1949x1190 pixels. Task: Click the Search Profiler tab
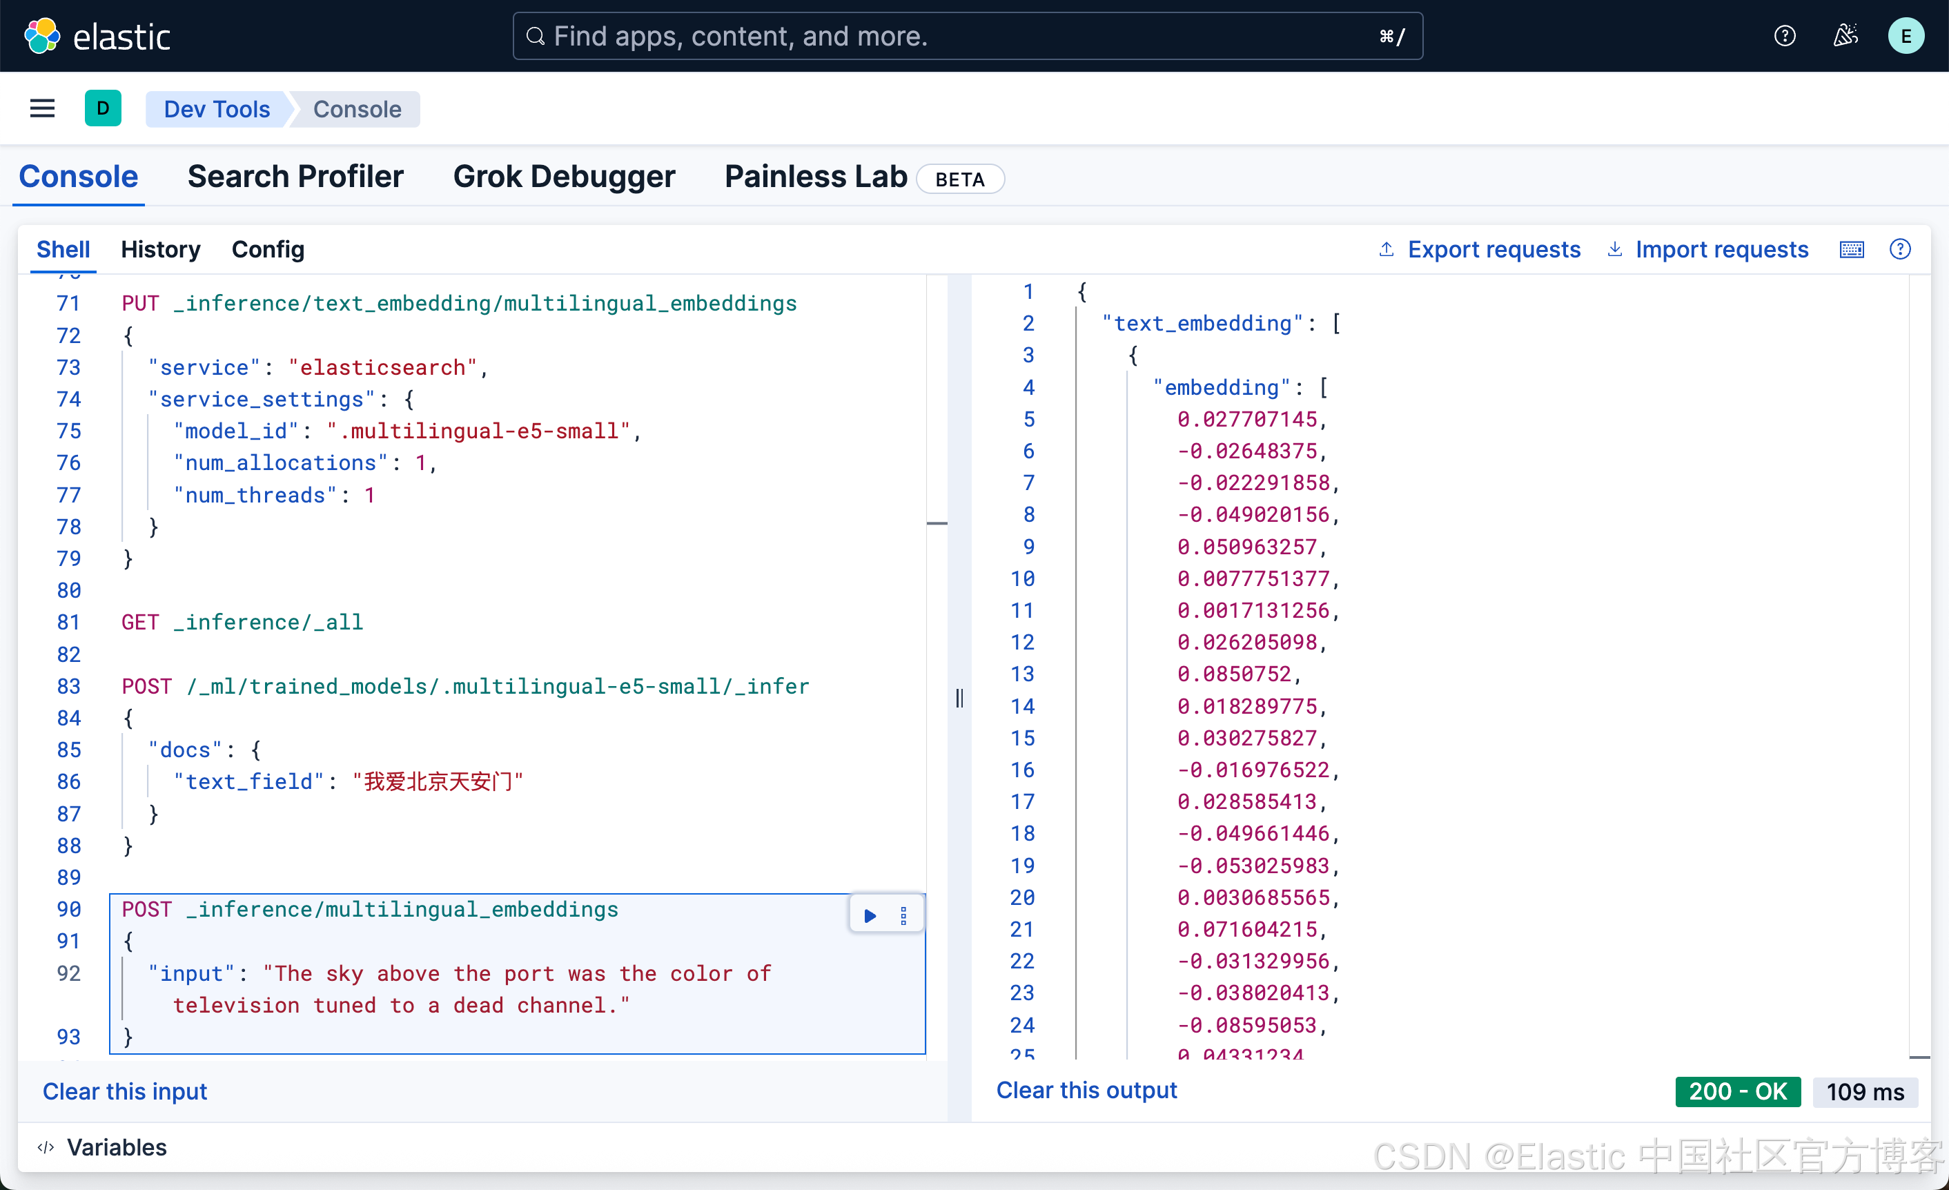click(295, 177)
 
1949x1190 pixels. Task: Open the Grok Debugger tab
click(564, 177)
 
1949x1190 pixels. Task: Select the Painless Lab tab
click(816, 177)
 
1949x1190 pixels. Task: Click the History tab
click(161, 249)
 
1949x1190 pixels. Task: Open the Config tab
click(267, 249)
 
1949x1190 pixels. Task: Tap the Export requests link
click(1493, 249)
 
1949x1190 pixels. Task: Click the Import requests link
click(1721, 249)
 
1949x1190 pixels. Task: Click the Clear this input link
click(125, 1091)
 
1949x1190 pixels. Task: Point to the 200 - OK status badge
click(1737, 1091)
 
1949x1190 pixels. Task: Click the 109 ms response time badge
click(1864, 1091)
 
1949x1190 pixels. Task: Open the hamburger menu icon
click(43, 108)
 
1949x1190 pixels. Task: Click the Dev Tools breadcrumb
click(217, 109)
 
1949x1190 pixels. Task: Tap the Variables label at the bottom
click(116, 1147)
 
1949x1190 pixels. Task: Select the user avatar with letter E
click(1906, 37)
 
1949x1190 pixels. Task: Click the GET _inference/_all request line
click(242, 623)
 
